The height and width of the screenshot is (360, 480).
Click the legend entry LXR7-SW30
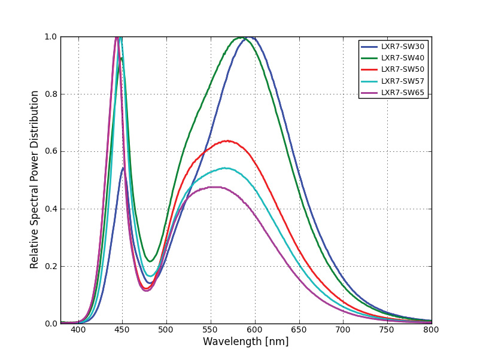(x=402, y=47)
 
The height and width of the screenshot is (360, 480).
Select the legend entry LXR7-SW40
(x=402, y=58)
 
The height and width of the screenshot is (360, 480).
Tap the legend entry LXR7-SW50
(x=402, y=69)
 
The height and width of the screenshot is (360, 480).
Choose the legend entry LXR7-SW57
(x=402, y=81)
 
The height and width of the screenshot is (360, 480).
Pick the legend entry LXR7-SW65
(x=402, y=92)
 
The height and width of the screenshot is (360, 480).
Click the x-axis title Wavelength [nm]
(x=245, y=342)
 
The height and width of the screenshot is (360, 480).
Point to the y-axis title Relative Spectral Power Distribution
(x=35, y=179)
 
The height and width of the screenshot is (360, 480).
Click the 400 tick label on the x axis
(x=78, y=330)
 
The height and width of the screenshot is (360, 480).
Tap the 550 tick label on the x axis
(x=210, y=330)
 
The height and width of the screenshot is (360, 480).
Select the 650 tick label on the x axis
(x=299, y=330)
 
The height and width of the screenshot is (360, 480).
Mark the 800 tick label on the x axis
(x=431, y=330)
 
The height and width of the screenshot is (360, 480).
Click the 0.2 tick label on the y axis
(x=50, y=266)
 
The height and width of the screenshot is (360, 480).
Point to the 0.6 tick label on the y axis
(x=50, y=151)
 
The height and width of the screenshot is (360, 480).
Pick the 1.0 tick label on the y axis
(x=50, y=36)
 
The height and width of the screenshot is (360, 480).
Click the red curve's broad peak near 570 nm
(x=227, y=141)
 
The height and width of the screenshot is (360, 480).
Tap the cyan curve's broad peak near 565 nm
(x=224, y=168)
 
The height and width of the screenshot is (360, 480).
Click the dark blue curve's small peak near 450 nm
(x=123, y=168)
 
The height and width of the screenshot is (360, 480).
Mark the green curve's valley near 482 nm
(x=150, y=261)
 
